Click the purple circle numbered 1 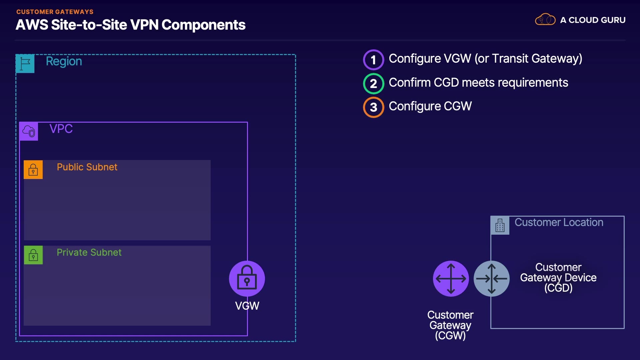(x=373, y=60)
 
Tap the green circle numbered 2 (x=373, y=83)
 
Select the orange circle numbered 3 (x=373, y=107)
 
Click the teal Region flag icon (x=25, y=63)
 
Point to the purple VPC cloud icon (x=29, y=131)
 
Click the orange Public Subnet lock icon (x=33, y=170)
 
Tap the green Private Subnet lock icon (x=33, y=255)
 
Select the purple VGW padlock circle (x=247, y=279)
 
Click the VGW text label (x=247, y=306)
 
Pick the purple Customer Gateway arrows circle (x=451, y=279)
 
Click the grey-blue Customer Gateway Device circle (x=492, y=279)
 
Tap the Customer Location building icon (x=500, y=225)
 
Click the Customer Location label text (x=559, y=222)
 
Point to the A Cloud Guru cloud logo (x=545, y=19)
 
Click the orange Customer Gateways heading (x=55, y=12)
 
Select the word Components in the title (x=204, y=25)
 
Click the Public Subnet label (x=87, y=167)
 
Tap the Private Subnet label (x=89, y=252)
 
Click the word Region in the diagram (x=64, y=62)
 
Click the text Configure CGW (x=430, y=106)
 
